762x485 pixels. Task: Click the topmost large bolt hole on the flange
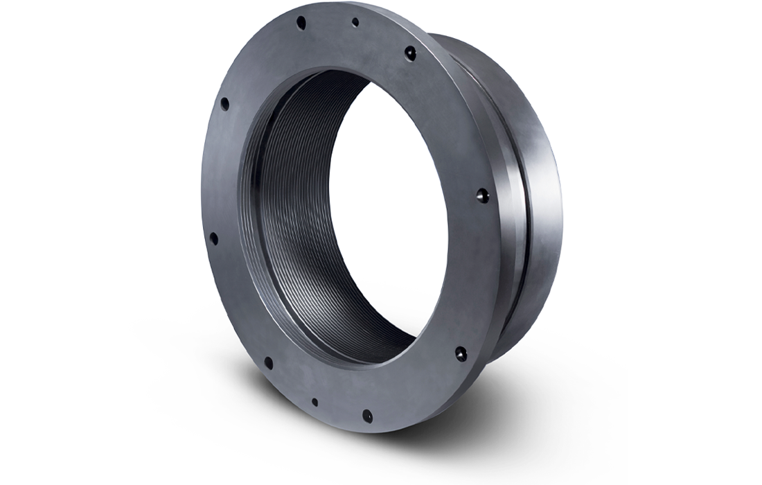pyautogui.click(x=301, y=23)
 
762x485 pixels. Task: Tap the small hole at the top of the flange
pyautogui.click(x=355, y=22)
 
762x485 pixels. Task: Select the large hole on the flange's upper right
pyautogui.click(x=410, y=53)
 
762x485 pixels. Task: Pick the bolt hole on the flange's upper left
pyautogui.click(x=224, y=104)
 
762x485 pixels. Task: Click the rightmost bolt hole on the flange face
pyautogui.click(x=483, y=196)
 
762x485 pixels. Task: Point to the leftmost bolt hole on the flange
pyautogui.click(x=213, y=238)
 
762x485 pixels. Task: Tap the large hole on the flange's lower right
pyautogui.click(x=461, y=353)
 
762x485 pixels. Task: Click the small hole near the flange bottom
pyautogui.click(x=315, y=402)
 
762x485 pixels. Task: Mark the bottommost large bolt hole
pyautogui.click(x=367, y=416)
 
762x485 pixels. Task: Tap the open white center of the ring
pyautogui.click(x=388, y=208)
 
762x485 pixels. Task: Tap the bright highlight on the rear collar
pyautogui.click(x=533, y=139)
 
